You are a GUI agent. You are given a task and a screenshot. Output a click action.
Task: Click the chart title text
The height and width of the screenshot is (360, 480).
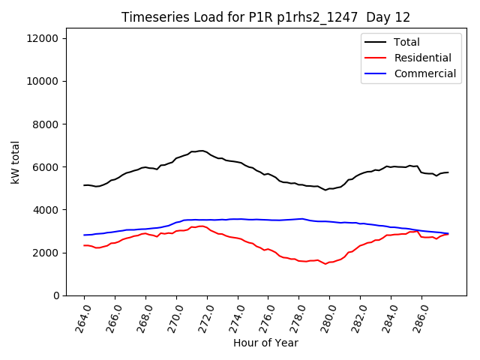point(265,17)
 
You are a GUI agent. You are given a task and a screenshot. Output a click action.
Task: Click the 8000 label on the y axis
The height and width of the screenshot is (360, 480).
point(55,124)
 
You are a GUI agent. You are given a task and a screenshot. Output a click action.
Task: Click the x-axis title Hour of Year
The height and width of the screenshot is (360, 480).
point(265,343)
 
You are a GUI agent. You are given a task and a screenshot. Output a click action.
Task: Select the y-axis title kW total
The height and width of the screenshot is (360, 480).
point(15,166)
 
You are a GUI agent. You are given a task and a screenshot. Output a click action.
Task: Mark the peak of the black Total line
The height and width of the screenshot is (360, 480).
point(201,151)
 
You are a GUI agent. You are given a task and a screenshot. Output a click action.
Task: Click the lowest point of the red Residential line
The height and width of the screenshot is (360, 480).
point(325,264)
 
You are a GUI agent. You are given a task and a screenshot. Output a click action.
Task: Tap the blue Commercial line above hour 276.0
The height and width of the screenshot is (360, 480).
point(268,220)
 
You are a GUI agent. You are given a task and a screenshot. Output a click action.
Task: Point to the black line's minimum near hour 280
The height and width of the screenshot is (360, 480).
point(325,190)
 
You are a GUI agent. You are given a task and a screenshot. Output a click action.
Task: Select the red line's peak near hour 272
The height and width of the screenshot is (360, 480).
point(201,226)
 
